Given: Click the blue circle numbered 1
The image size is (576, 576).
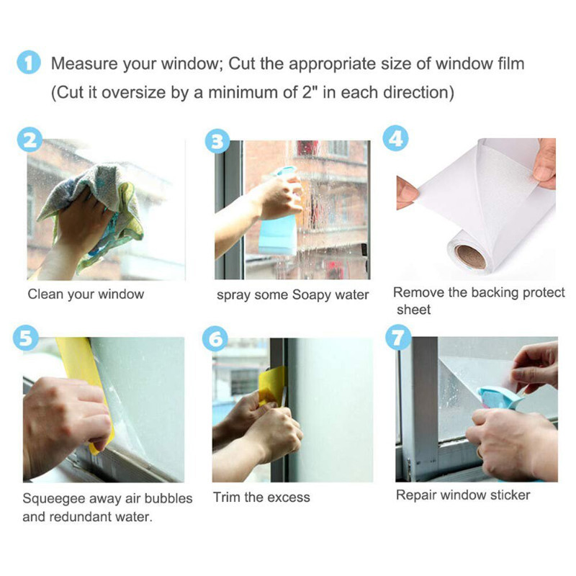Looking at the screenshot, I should click(x=28, y=64).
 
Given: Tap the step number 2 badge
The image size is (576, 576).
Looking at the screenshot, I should click(x=30, y=140).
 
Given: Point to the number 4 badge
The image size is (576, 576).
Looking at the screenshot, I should click(x=395, y=138).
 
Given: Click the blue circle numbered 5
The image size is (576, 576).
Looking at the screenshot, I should click(x=27, y=338).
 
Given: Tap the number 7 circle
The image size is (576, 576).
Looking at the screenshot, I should click(x=397, y=338).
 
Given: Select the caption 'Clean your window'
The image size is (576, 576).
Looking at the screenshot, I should click(x=86, y=294).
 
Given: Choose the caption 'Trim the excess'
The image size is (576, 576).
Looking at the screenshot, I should click(x=261, y=497).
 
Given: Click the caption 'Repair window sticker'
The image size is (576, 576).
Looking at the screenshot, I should click(x=463, y=495).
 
